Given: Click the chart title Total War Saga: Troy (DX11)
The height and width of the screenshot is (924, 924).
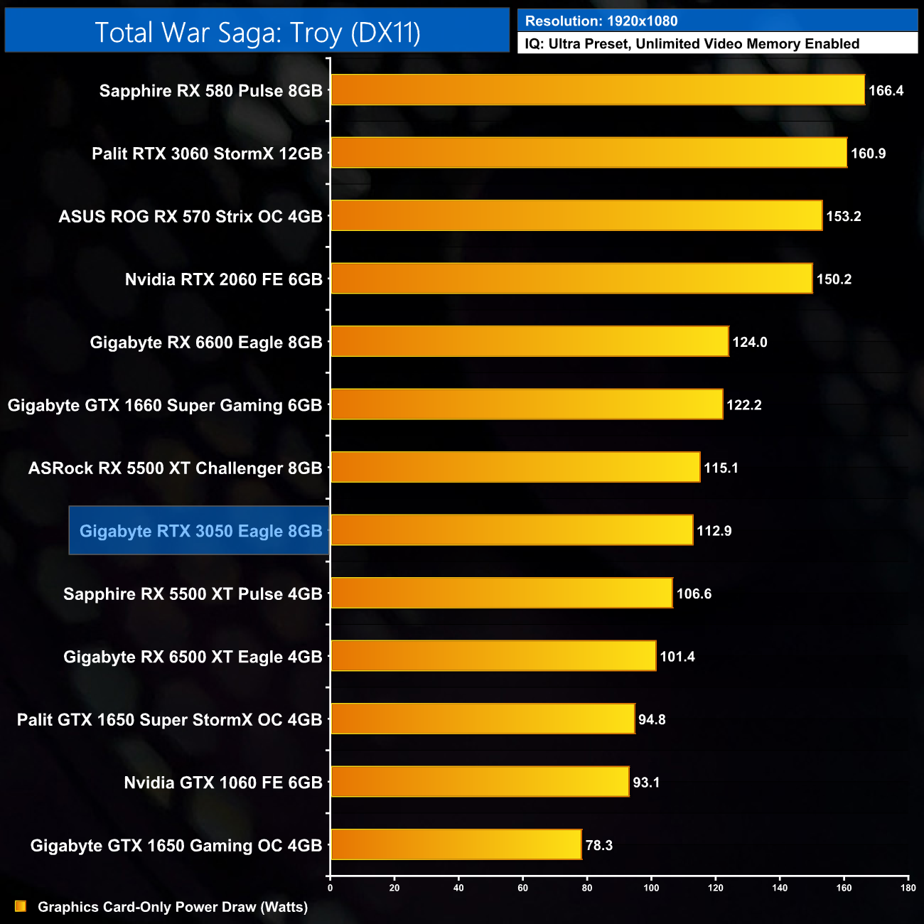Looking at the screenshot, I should pyautogui.click(x=257, y=33).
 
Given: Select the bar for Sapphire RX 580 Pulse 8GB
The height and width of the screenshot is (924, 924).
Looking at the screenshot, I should pyautogui.click(x=597, y=90).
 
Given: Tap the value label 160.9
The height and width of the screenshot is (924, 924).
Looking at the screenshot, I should pyautogui.click(x=868, y=154).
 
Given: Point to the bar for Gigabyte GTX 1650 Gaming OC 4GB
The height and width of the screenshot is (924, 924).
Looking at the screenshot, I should pyautogui.click(x=456, y=844).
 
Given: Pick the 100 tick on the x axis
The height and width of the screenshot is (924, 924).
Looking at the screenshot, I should pyautogui.click(x=651, y=887).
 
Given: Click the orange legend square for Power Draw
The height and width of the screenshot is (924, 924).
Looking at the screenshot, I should pyautogui.click(x=21, y=906).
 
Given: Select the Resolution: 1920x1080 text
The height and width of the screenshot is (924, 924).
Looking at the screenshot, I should pyautogui.click(x=601, y=21).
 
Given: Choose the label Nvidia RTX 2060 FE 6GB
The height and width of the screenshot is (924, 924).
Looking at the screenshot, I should pyautogui.click(x=223, y=279).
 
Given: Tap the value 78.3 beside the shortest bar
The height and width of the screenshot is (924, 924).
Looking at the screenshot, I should pyautogui.click(x=598, y=845).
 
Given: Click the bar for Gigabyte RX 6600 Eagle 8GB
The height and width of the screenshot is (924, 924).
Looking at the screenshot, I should pyautogui.click(x=530, y=342).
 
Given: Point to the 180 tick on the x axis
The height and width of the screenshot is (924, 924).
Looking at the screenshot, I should pyautogui.click(x=908, y=887).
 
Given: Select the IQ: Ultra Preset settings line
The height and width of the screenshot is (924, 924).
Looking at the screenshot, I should pyautogui.click(x=692, y=44).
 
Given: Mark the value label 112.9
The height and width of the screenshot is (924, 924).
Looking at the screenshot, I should pyautogui.click(x=714, y=531).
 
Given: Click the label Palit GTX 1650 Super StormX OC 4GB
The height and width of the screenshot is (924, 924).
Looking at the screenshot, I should pyautogui.click(x=169, y=719).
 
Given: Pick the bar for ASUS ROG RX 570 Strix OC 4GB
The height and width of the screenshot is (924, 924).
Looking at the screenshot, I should pyautogui.click(x=576, y=216).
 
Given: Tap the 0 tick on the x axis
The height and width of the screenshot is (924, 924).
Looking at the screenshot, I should pyautogui.click(x=330, y=887).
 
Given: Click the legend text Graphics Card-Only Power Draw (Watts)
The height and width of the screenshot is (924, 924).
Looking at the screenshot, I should pyautogui.click(x=173, y=907).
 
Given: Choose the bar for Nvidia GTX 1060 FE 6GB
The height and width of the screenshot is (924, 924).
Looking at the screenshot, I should pyautogui.click(x=480, y=782).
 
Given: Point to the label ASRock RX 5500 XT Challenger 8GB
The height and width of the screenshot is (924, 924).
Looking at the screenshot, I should pyautogui.click(x=175, y=468).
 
